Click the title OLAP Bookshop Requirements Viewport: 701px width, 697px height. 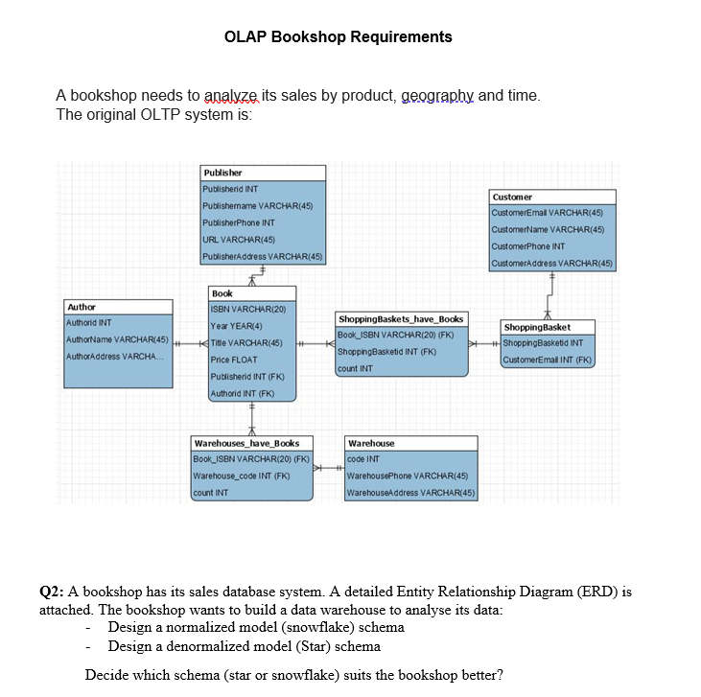(338, 37)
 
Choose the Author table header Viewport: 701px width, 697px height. (82, 307)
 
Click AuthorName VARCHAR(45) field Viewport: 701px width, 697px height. (117, 340)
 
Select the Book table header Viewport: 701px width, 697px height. (222, 293)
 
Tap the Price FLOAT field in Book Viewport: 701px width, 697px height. (234, 360)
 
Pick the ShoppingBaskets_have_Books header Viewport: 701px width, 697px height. (401, 318)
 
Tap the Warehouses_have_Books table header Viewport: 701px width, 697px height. (247, 443)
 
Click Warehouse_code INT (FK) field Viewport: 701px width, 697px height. (242, 476)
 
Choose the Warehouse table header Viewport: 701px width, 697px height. (372, 443)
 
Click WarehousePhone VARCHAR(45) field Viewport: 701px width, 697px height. (407, 476)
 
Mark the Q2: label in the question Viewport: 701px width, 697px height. (52, 592)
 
